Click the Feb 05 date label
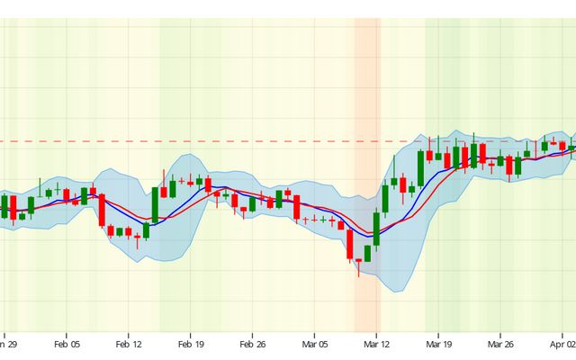click(67, 344)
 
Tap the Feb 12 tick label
click(130, 344)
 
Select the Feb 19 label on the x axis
click(191, 344)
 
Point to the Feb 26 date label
click(253, 344)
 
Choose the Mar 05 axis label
click(315, 344)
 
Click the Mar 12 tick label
click(376, 344)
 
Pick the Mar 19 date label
click(438, 344)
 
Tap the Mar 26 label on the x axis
click(499, 344)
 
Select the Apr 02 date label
click(562, 344)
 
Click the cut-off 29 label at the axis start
click(8, 344)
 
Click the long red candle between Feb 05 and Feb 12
click(102, 211)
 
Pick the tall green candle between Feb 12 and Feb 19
click(155, 204)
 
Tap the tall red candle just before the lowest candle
click(349, 243)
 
